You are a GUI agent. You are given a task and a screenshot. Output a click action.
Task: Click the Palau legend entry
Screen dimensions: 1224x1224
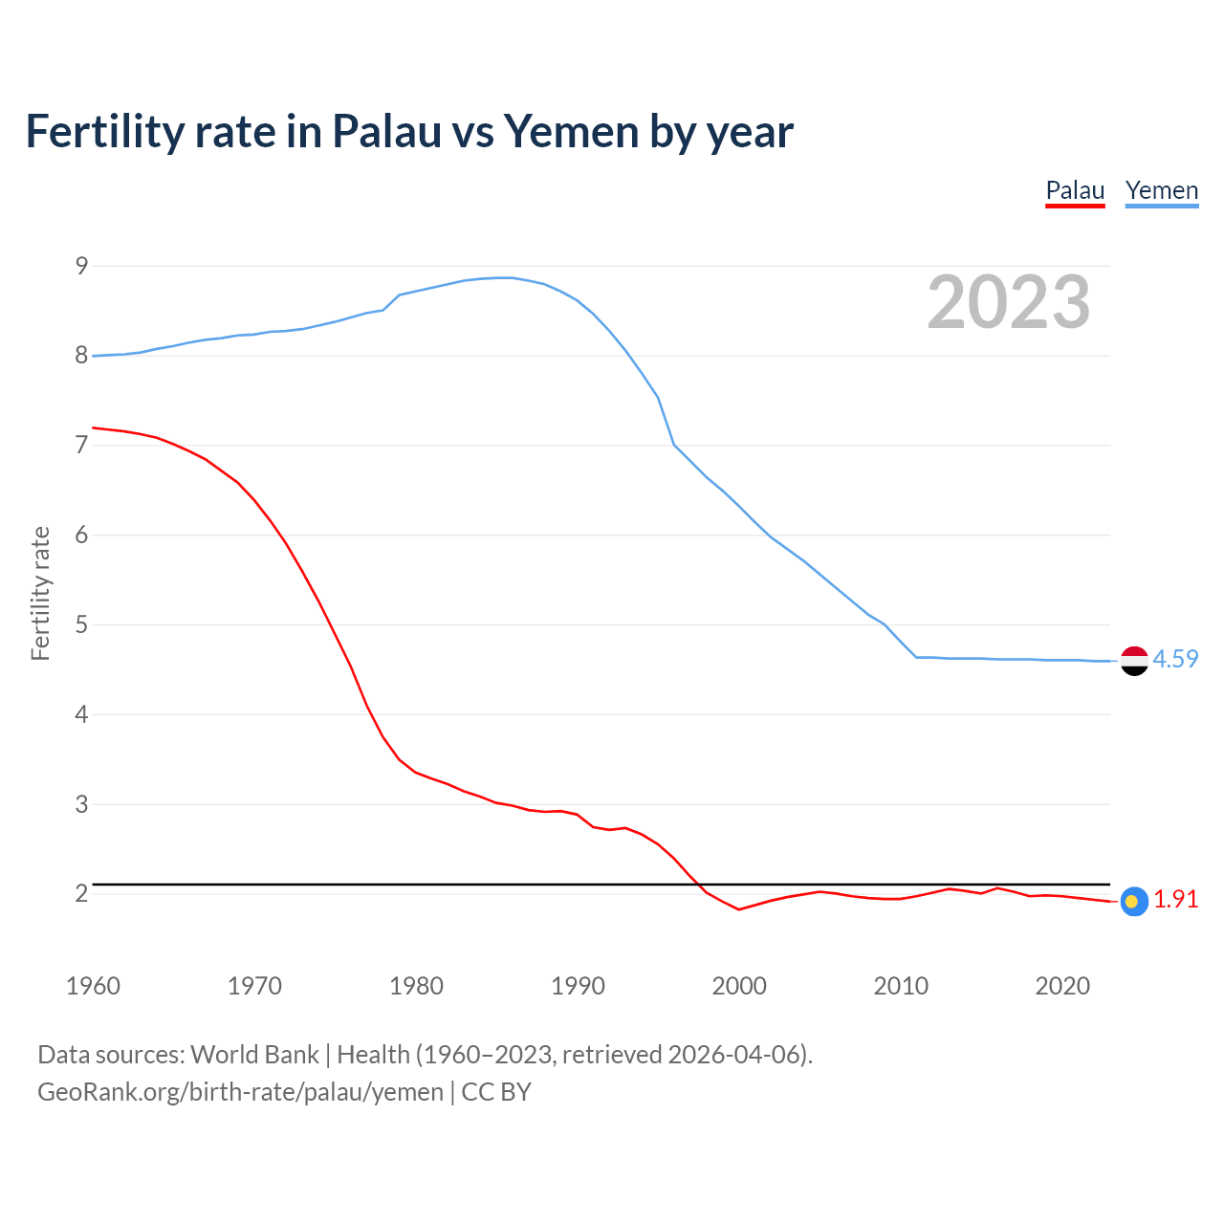pyautogui.click(x=1075, y=190)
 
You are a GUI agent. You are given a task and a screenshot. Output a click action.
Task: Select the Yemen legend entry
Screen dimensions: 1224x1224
pyautogui.click(x=1161, y=190)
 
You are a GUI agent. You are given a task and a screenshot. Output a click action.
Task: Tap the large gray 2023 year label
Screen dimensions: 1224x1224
pyautogui.click(x=1009, y=302)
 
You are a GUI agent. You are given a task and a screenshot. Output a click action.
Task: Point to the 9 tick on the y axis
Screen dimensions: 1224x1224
pyautogui.click(x=81, y=266)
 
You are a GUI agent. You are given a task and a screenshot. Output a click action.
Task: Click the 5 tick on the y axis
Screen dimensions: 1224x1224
pyautogui.click(x=81, y=624)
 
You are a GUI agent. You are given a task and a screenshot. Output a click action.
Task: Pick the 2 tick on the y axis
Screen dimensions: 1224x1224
pyautogui.click(x=81, y=893)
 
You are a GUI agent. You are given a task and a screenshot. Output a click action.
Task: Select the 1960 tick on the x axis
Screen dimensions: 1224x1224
pyautogui.click(x=93, y=986)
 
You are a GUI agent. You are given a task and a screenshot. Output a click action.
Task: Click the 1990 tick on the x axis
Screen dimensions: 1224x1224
pyautogui.click(x=578, y=986)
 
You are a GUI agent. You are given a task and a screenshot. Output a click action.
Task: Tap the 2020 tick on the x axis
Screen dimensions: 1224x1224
pyautogui.click(x=1062, y=986)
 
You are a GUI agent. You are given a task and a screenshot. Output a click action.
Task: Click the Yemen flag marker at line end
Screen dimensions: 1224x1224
pyautogui.click(x=1134, y=661)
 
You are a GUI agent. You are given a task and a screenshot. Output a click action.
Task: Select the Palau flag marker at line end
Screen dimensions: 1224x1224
pyautogui.click(x=1134, y=901)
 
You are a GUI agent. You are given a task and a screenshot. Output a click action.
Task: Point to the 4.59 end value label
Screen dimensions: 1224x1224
pyautogui.click(x=1175, y=659)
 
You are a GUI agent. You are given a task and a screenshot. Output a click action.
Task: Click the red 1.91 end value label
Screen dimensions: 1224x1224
pyautogui.click(x=1175, y=900)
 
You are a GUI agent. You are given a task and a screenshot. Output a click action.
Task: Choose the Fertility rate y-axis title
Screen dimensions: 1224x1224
pyautogui.click(x=40, y=593)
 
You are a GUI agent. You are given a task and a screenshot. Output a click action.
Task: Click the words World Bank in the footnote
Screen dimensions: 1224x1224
pyautogui.click(x=254, y=1055)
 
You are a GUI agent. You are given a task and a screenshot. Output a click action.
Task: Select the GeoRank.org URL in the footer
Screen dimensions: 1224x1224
pyautogui.click(x=240, y=1092)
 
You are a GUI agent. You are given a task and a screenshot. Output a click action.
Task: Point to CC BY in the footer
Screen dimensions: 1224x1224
pyautogui.click(x=496, y=1092)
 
